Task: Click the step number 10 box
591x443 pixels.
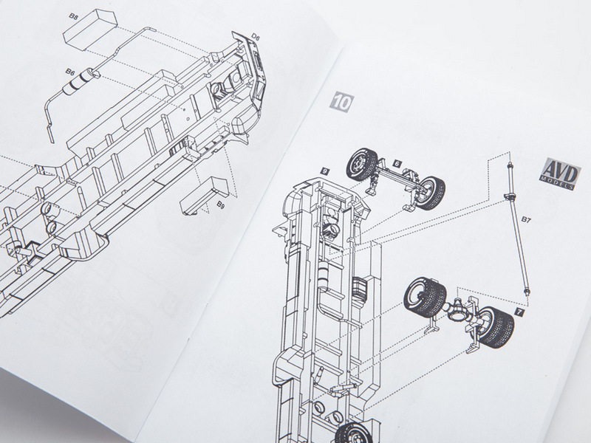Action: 342,102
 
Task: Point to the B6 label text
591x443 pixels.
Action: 69,71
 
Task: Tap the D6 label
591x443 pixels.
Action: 256,37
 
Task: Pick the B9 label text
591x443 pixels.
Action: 221,205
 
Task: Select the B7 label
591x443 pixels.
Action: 526,219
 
